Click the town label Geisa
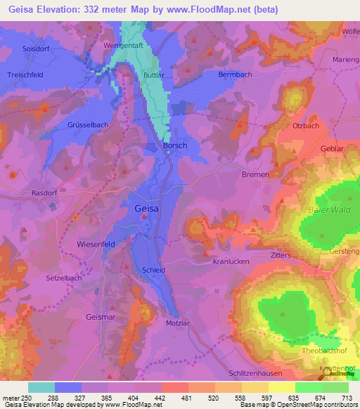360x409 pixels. pos(146,209)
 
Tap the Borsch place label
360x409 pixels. pos(158,146)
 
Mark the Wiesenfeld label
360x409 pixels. pos(96,244)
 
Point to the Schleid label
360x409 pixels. pos(153,270)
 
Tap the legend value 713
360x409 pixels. pos(347,397)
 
